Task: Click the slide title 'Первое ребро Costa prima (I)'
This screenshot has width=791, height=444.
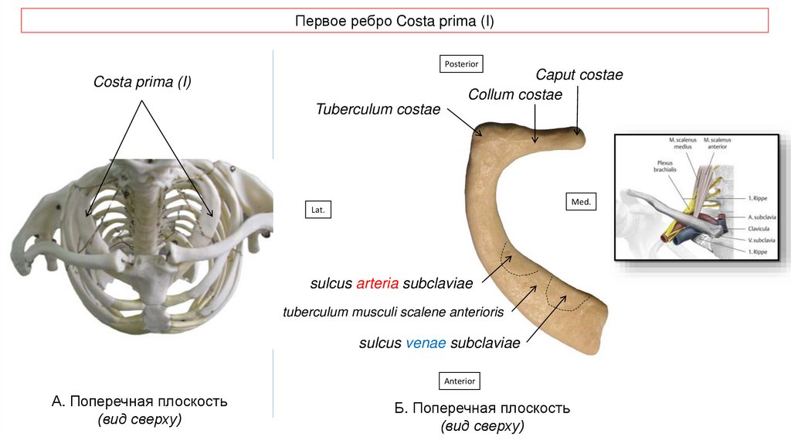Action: [x=394, y=21]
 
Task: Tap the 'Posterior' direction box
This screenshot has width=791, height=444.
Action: [x=461, y=63]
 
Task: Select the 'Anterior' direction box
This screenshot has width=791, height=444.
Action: [x=461, y=381]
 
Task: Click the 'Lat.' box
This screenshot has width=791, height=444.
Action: [x=317, y=210]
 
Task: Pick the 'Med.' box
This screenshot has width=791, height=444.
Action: [x=581, y=202]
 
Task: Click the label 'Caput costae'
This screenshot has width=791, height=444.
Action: [x=579, y=75]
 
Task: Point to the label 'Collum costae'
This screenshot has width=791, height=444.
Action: [x=515, y=94]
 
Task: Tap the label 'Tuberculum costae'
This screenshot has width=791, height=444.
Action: [x=378, y=109]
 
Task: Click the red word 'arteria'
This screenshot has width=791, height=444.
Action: [x=378, y=283]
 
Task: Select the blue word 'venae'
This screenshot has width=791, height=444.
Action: [x=426, y=343]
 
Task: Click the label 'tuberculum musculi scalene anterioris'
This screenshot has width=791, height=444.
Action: [x=393, y=313]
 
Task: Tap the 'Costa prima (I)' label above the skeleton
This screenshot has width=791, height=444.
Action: [x=142, y=82]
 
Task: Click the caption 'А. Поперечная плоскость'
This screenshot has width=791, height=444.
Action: [x=139, y=402]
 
